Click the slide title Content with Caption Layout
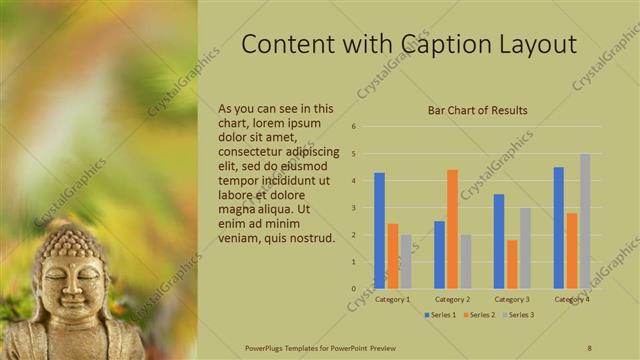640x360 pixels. point(410,45)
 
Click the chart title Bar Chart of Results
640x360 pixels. point(477,110)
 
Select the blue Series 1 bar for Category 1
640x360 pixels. point(379,231)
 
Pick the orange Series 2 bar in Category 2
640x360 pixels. point(452,229)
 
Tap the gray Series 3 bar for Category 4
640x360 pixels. point(585,221)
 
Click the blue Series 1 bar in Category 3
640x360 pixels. point(498,241)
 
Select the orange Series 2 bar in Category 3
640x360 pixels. point(512,264)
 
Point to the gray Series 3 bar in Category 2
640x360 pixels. point(466,261)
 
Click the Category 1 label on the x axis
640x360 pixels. point(392,299)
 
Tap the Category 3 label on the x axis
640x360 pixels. point(512,299)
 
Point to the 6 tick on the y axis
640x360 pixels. point(354,127)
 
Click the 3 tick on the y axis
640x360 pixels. point(354,208)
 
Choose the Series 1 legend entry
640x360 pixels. point(440,315)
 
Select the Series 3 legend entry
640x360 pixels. point(519,315)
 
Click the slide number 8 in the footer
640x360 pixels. point(590,347)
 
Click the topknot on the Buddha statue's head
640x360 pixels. point(67,236)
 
